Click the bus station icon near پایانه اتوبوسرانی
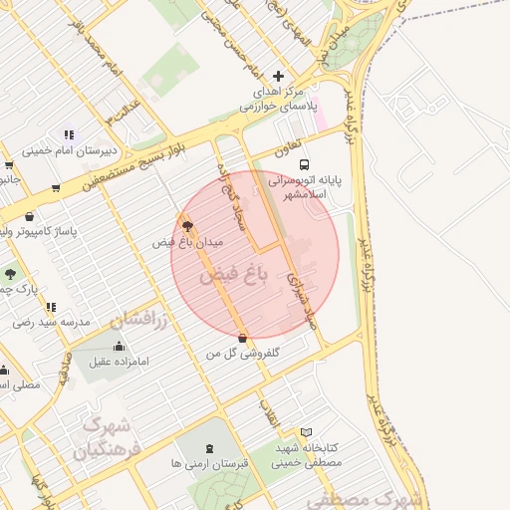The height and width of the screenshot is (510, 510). tap(304, 164)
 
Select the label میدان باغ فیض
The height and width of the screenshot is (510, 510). tap(188, 242)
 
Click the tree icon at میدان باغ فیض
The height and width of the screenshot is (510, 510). tap(186, 225)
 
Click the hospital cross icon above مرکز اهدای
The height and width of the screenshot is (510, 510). tap(278, 76)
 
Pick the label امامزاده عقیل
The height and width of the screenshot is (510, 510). tap(118, 362)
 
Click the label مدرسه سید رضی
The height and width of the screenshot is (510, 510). tap(52, 323)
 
